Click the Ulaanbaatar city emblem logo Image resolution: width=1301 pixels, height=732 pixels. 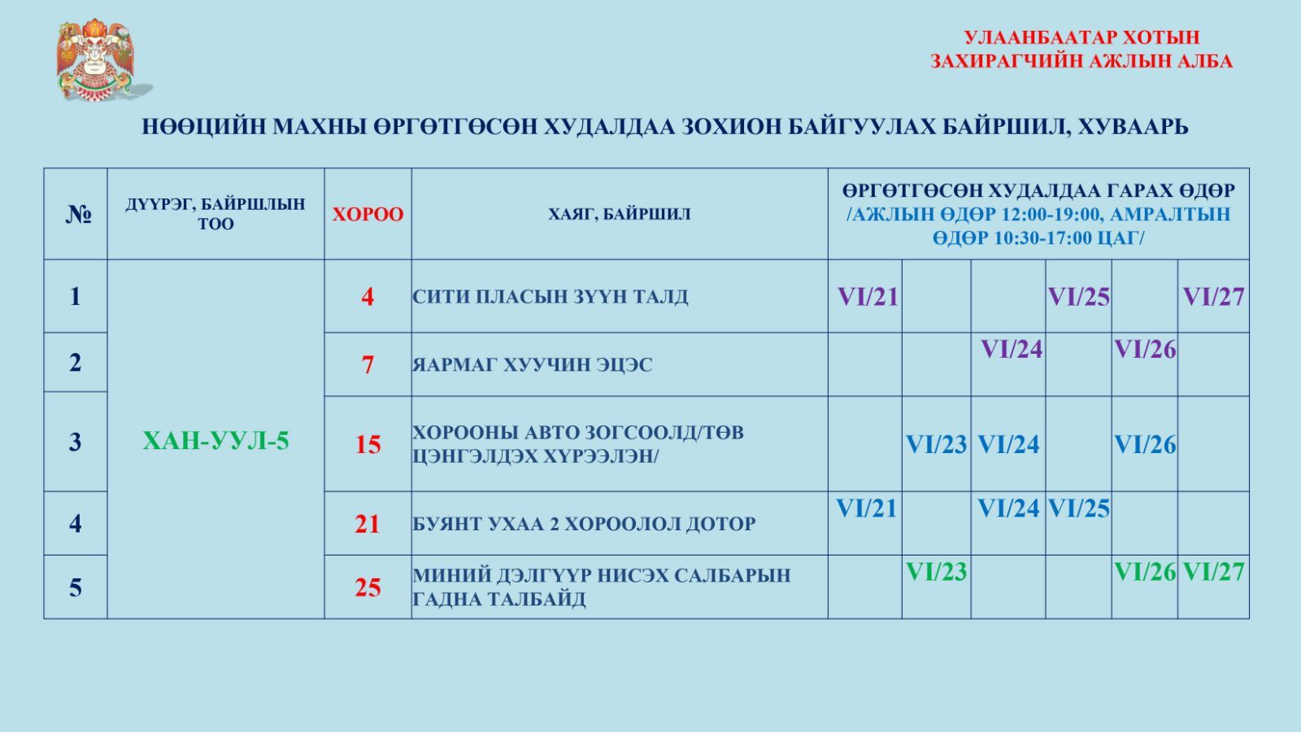[100, 60]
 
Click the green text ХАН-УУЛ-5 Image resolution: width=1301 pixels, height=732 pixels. [215, 441]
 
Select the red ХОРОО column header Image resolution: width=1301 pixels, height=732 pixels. [368, 215]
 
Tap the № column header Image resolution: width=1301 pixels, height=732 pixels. [78, 215]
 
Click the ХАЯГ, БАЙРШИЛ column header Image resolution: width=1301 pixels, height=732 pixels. [620, 215]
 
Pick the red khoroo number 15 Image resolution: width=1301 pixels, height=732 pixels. [368, 444]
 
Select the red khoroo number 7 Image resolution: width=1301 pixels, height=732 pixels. [368, 365]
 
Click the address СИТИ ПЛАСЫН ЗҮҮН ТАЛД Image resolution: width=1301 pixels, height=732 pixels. [550, 296]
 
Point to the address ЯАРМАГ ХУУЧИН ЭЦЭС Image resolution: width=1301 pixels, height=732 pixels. [533, 365]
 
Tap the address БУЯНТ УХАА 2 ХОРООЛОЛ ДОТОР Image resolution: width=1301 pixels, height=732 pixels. [585, 524]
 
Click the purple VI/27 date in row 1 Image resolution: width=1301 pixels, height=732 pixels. [1213, 297]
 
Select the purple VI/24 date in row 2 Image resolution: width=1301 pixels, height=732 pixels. [1012, 349]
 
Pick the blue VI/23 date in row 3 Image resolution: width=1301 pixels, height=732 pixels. [936, 444]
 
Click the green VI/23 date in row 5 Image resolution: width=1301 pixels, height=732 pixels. [936, 572]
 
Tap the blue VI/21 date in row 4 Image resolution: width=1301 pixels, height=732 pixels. [866, 508]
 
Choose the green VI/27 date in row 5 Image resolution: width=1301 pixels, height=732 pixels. [1213, 572]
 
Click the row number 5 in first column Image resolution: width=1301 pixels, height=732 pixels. [76, 587]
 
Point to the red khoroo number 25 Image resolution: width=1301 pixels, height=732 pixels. [368, 587]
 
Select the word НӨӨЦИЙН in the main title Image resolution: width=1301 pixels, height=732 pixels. [204, 127]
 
